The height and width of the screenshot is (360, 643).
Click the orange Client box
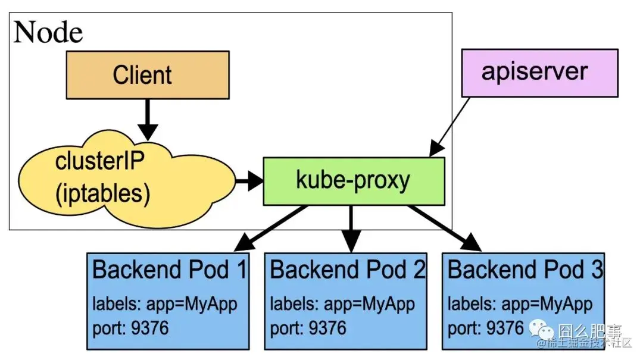point(148,75)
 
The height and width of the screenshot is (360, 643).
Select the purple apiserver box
point(539,73)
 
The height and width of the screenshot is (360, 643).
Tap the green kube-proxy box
point(354,181)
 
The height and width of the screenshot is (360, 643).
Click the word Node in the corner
point(48,32)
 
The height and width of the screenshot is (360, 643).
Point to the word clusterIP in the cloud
point(99,161)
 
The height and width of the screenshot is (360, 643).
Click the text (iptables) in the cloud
point(103,193)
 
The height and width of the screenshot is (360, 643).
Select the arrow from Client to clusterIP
point(148,120)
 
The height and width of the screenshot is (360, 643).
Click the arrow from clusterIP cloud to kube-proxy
point(249,181)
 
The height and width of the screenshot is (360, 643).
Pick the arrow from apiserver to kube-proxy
point(450,127)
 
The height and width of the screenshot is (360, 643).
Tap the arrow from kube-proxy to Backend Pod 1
point(271,228)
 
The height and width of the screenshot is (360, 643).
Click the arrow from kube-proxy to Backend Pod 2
point(351,228)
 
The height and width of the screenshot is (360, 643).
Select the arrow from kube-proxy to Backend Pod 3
point(445,228)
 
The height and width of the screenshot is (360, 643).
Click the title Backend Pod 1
point(170,270)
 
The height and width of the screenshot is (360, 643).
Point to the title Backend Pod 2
point(348,270)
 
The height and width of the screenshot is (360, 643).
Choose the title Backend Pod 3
point(525,270)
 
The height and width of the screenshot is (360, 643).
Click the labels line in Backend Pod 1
point(165,305)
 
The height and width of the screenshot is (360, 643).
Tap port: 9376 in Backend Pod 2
point(308,328)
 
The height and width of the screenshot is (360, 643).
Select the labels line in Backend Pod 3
point(520,305)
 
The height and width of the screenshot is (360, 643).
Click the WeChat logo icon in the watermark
point(541,329)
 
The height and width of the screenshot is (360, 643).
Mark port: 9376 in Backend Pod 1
point(130,328)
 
